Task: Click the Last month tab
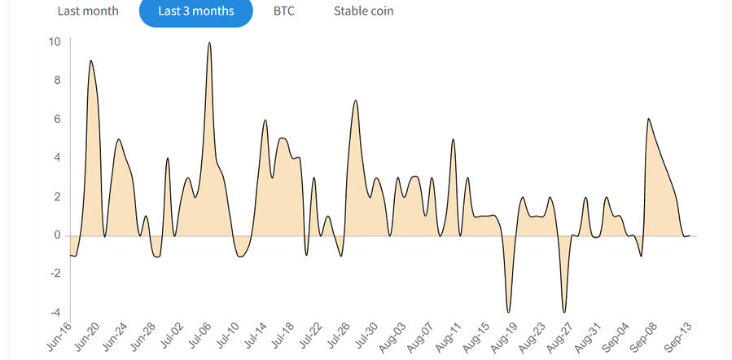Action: click(87, 11)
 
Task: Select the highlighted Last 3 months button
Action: click(195, 11)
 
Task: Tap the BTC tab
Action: click(283, 11)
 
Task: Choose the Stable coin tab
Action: click(363, 11)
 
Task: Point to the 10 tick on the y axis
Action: click(55, 42)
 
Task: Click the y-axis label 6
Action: click(57, 119)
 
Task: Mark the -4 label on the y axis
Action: click(55, 313)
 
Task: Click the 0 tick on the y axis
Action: click(57, 235)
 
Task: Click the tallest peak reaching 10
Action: click(209, 43)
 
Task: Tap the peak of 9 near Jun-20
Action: click(90, 61)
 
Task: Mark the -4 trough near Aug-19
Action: click(509, 312)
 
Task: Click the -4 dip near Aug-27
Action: click(563, 312)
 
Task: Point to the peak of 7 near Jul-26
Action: click(356, 101)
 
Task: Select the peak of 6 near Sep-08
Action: click(648, 120)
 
